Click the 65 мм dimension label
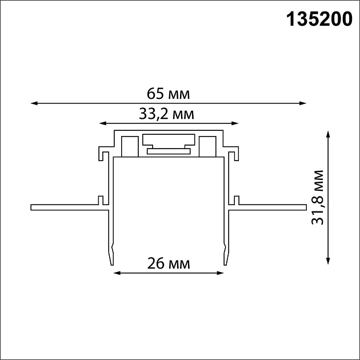coord(167,93)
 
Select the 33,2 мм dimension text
coord(167,114)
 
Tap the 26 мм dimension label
coord(168,263)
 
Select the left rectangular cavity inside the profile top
coord(130,146)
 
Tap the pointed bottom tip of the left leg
coord(111,264)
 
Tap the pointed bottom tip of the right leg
coord(226,264)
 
